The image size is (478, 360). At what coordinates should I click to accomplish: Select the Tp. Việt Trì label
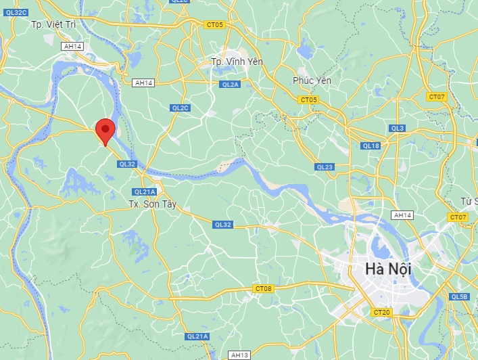point(56,24)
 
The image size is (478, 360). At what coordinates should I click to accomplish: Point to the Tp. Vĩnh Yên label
point(237,62)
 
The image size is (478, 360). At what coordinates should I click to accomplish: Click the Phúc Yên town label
point(312,81)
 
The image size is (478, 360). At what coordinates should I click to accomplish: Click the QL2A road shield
point(230,85)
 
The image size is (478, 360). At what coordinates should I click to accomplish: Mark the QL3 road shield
point(397,129)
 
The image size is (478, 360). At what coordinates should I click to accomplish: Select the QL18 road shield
point(371,145)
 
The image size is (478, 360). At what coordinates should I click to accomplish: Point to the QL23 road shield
point(325,166)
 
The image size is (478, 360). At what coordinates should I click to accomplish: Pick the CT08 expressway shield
point(264,289)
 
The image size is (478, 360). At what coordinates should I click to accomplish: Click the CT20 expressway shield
point(381,312)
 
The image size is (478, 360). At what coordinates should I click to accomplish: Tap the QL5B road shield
point(460,296)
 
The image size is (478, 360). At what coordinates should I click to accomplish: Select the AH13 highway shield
point(239,355)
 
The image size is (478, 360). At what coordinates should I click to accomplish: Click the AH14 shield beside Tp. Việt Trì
point(71,46)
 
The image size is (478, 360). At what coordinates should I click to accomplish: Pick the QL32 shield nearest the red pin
point(126,164)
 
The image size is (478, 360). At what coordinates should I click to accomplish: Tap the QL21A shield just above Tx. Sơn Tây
point(145,192)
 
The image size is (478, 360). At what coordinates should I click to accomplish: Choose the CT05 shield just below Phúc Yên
point(308,99)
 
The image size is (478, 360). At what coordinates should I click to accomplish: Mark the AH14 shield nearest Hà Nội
point(402,215)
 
